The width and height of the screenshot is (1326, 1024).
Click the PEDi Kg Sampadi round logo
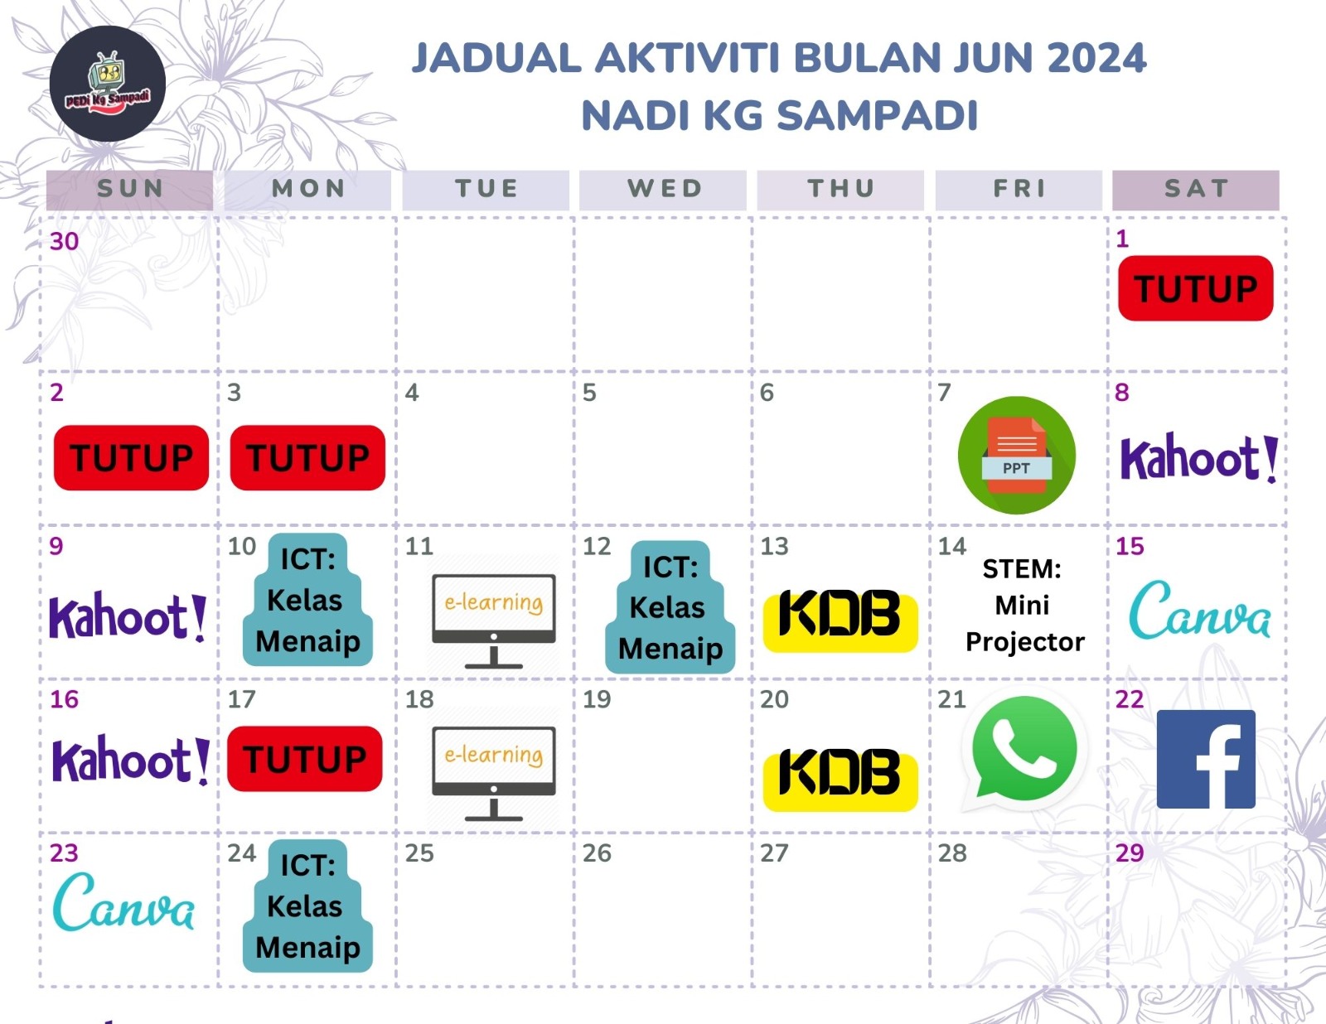pos(107,83)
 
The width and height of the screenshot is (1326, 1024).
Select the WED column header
pos(664,189)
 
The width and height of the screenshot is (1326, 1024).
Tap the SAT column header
pos(1195,189)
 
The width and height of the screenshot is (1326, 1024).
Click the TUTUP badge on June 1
pos(1195,288)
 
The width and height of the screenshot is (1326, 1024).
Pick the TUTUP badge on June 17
pos(304,759)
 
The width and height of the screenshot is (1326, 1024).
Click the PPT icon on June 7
pos(1016,456)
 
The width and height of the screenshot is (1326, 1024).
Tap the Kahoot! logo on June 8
pos(1198,457)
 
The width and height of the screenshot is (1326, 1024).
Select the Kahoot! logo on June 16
pos(130,760)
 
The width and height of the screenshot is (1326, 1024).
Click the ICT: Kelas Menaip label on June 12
pos(670,607)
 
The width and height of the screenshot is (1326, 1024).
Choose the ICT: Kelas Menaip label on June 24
pos(307,906)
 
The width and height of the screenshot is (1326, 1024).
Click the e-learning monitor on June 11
pos(494,617)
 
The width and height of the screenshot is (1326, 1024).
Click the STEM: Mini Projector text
pos(1024,605)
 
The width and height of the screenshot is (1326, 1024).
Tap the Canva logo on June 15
pos(1198,611)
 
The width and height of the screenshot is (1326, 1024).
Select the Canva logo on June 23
pos(124,902)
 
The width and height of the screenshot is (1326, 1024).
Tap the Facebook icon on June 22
pos(1205,759)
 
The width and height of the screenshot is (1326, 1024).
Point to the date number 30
pos(64,241)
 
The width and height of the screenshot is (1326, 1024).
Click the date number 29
pos(1130,853)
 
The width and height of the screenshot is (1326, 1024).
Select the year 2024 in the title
pos(1096,58)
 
